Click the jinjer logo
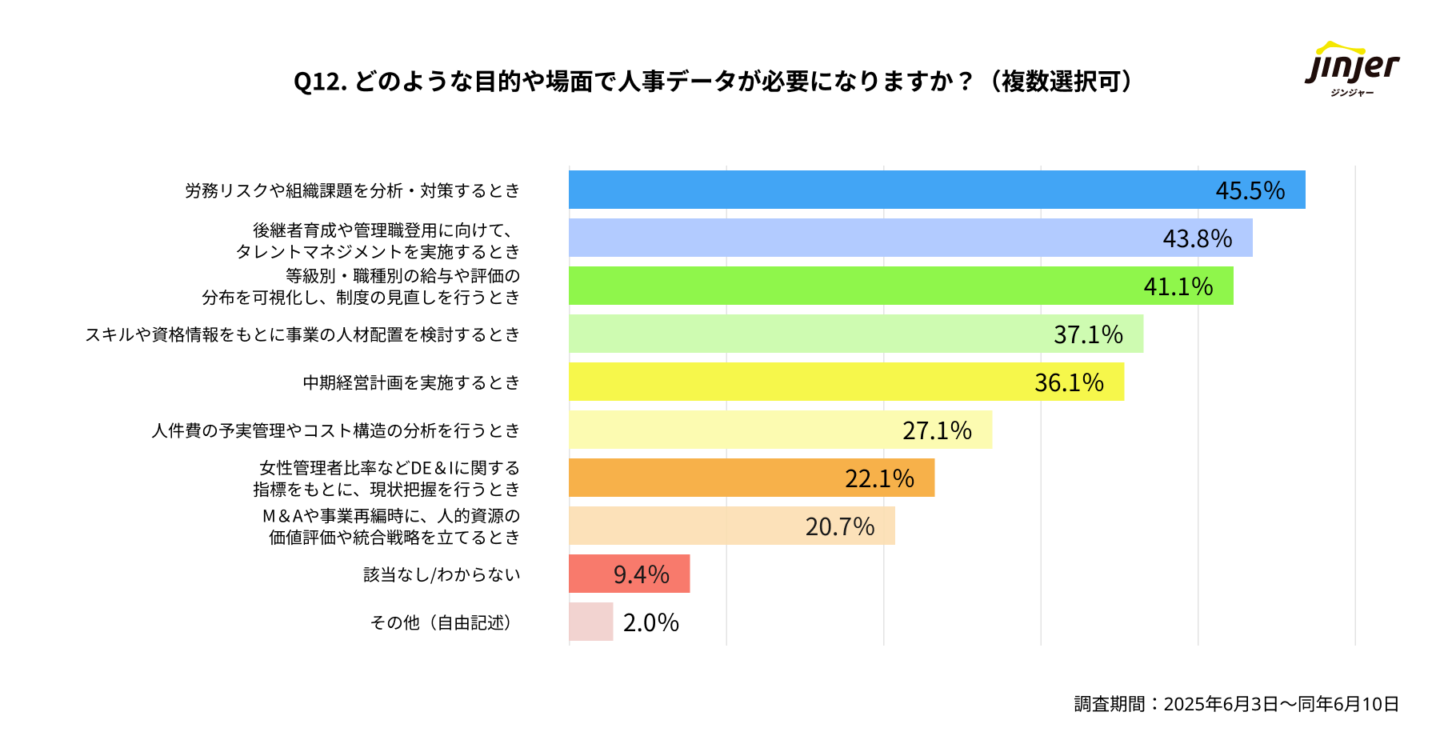(1352, 69)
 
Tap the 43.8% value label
(1197, 238)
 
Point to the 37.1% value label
(1088, 334)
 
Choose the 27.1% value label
(937, 430)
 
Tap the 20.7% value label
(839, 526)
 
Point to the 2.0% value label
(650, 622)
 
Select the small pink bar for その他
(590, 622)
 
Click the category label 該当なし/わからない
(442, 574)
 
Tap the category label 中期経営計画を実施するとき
(411, 382)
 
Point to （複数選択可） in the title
(1060, 82)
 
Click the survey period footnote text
(1236, 704)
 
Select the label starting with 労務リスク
(352, 190)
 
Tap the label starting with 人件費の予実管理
(336, 430)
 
